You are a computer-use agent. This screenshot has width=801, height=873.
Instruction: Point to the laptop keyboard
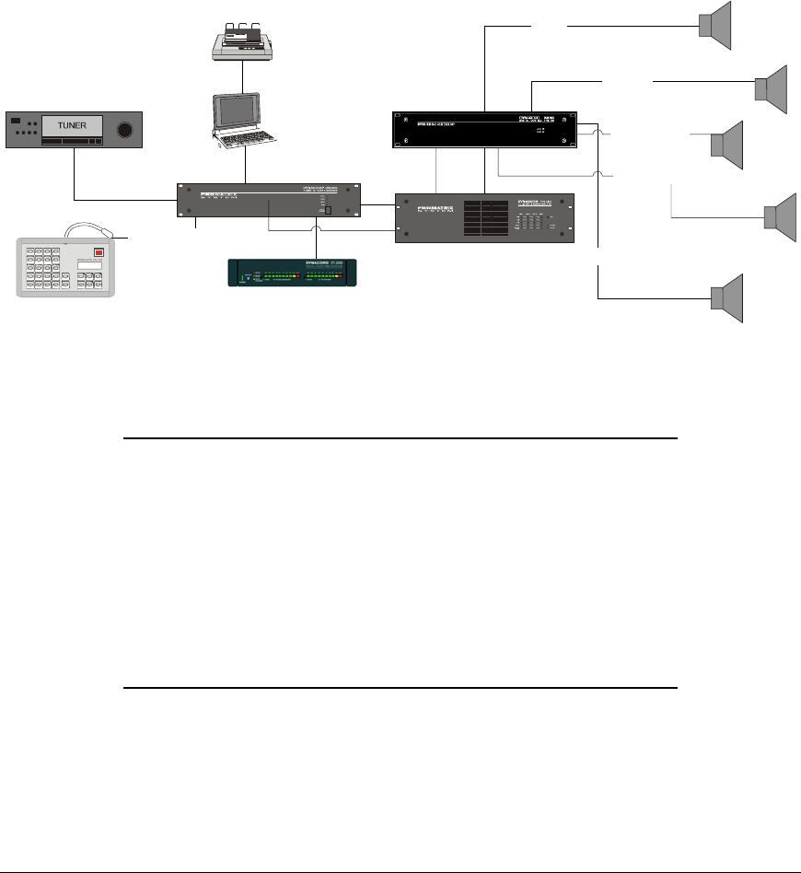click(241, 144)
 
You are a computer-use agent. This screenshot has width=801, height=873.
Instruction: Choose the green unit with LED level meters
click(292, 274)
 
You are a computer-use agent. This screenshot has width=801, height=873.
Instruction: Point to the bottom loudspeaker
click(726, 297)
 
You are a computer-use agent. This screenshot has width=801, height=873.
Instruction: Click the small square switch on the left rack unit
click(326, 211)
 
